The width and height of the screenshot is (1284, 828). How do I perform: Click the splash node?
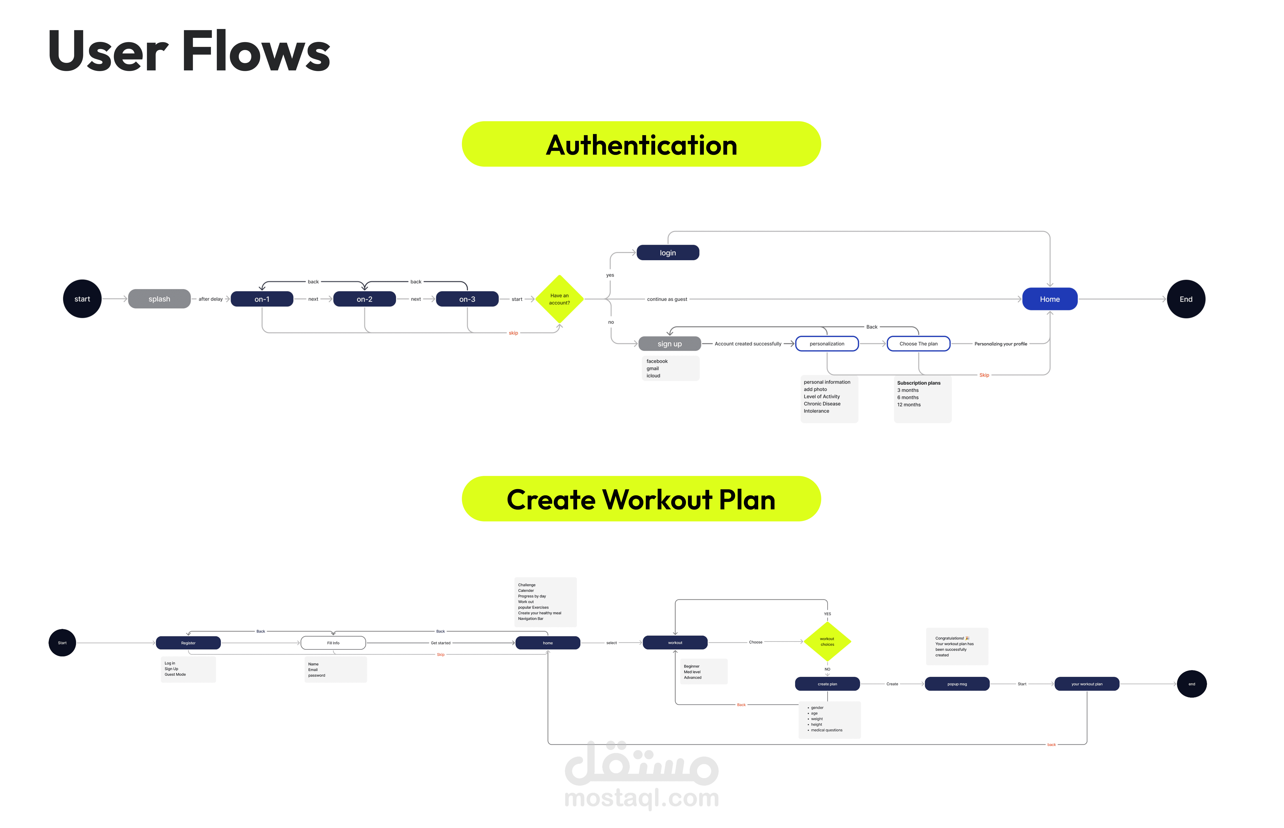(159, 299)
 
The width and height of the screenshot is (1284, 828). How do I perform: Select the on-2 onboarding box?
(364, 299)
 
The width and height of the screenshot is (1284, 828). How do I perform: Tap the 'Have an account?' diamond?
(560, 299)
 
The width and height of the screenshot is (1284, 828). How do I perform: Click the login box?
(668, 253)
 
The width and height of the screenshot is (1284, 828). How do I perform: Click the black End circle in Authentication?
(1185, 299)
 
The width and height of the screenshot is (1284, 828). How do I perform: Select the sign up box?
(669, 344)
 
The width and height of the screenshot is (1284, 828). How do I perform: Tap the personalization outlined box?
(827, 344)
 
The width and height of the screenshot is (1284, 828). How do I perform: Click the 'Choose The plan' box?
(918, 344)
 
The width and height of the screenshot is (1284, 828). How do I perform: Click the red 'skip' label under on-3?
(513, 333)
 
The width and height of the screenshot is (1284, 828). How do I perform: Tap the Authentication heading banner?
(641, 144)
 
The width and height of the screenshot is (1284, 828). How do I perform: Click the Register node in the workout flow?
(188, 643)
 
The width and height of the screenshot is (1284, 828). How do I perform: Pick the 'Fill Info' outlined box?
(333, 643)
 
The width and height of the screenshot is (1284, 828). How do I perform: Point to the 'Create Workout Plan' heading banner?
(641, 499)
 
